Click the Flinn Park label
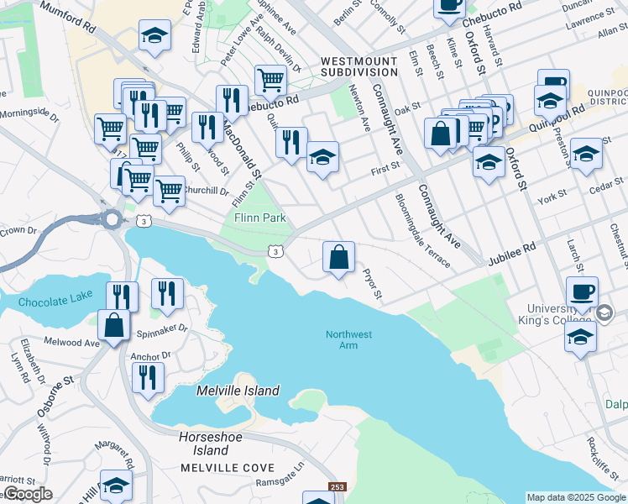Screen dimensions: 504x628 pyautogui.click(x=259, y=218)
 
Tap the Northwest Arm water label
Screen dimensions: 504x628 pyautogui.click(x=348, y=341)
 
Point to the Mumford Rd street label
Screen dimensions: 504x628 pyautogui.click(x=67, y=19)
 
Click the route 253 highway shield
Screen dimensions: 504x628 pyautogui.click(x=336, y=487)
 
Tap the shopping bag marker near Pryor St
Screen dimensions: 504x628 pyautogui.click(x=338, y=258)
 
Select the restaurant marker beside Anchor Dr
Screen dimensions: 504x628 pyautogui.click(x=149, y=375)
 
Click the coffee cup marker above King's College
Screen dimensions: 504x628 pyautogui.click(x=582, y=292)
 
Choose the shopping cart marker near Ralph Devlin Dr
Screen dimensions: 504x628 pyautogui.click(x=270, y=81)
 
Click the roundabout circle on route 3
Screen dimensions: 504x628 pyautogui.click(x=111, y=219)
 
